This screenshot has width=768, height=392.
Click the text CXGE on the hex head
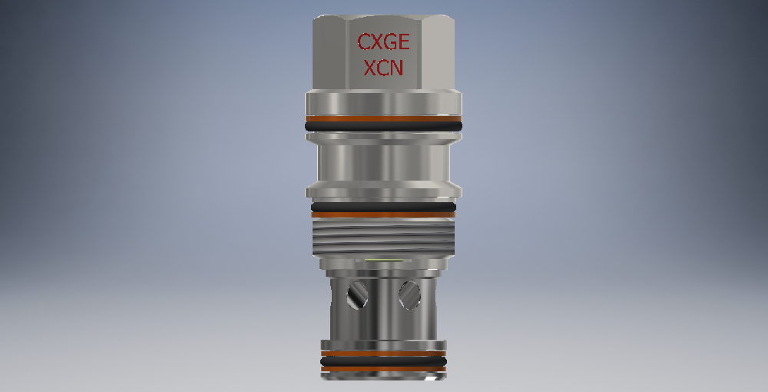[x=383, y=42]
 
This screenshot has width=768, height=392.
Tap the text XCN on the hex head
[x=383, y=68]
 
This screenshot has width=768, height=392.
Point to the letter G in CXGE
[x=389, y=42]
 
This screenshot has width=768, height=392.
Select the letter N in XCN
[x=397, y=68]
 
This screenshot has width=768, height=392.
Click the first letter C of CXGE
[x=363, y=42]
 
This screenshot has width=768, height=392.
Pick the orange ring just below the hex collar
[x=383, y=118]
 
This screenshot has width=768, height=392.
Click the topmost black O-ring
[x=383, y=126]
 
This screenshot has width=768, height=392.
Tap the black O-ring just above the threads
[x=383, y=208]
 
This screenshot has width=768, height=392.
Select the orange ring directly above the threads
[x=383, y=214]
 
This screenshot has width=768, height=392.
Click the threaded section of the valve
[x=383, y=238]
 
